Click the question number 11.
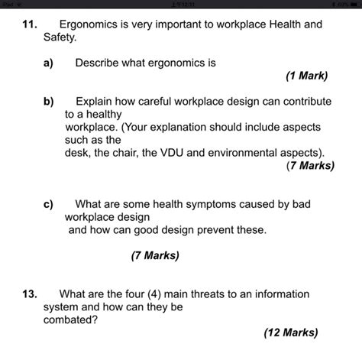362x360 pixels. click(29, 24)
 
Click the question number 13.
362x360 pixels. click(29, 294)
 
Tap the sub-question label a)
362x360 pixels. click(48, 63)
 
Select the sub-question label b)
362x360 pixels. click(48, 101)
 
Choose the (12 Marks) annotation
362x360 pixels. click(291, 332)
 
